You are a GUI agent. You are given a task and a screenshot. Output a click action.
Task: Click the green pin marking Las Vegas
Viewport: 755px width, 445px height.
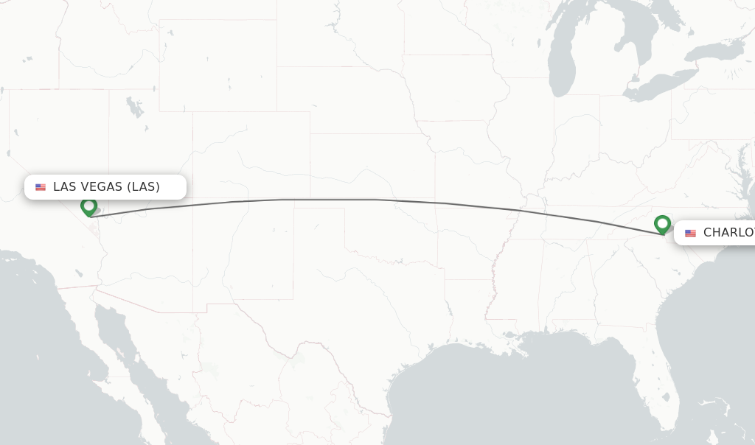(x=88, y=206)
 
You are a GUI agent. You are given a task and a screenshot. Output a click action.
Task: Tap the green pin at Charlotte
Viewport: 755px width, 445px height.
(x=662, y=223)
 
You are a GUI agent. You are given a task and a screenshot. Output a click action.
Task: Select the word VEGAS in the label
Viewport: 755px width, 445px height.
(x=101, y=187)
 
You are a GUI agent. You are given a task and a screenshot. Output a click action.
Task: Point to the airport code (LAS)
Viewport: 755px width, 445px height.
(x=143, y=187)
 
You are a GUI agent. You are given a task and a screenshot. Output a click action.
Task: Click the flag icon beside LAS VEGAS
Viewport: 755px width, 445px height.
(x=41, y=187)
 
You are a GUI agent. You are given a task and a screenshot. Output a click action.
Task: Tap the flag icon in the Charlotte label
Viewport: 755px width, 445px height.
(x=690, y=233)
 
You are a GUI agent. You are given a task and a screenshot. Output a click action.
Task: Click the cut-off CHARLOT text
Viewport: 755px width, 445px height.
(x=728, y=233)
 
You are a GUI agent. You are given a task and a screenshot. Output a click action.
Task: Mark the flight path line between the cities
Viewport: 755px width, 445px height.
(x=332, y=199)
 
